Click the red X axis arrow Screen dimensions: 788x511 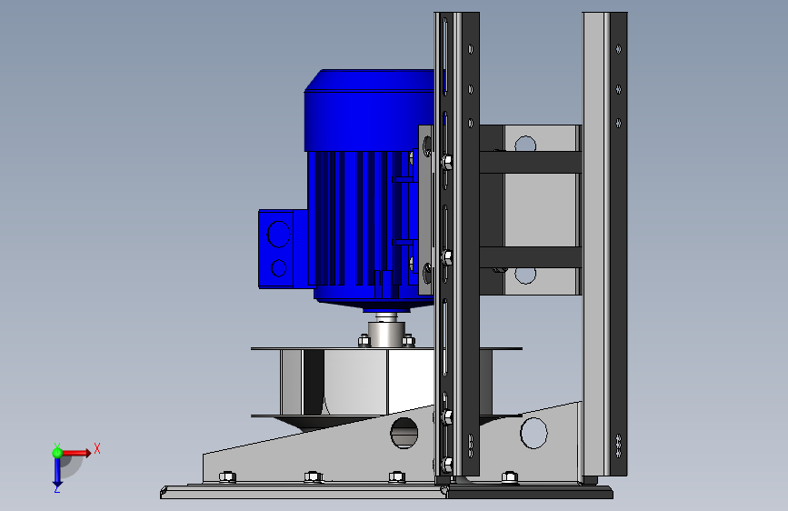(75, 453)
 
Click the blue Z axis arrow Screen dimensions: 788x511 (57, 472)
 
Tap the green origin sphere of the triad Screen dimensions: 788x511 (57, 453)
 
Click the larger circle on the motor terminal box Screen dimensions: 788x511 (278, 235)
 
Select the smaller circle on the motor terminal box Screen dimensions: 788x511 (278, 268)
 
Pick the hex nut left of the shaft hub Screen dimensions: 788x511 (364, 342)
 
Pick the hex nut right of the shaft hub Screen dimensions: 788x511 (408, 341)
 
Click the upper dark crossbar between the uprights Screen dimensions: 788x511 (531, 163)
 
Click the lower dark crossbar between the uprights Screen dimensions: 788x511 (531, 257)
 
